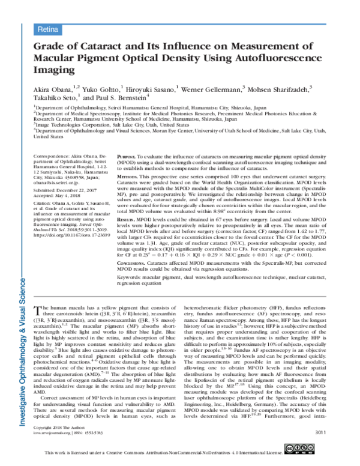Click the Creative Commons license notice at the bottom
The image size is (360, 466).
pos(180,459)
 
